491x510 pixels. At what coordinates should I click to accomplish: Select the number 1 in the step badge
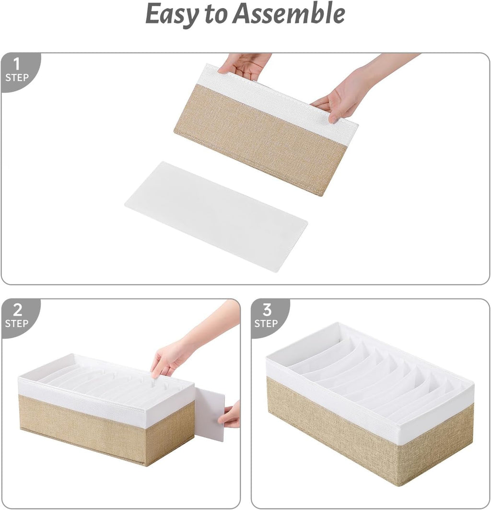(x=16, y=64)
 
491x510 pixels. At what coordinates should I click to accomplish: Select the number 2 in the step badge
(x=16, y=310)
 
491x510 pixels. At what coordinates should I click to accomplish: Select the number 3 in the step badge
(x=267, y=310)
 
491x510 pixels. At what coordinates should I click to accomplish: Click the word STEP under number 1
(x=17, y=78)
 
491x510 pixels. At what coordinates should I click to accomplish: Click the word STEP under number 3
(x=266, y=323)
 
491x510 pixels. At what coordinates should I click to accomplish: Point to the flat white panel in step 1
(x=216, y=216)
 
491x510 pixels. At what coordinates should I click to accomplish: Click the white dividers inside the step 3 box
(x=369, y=372)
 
